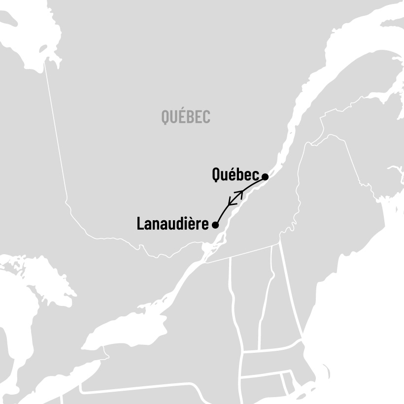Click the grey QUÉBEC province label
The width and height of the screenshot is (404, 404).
186,117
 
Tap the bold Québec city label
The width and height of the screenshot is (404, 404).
236,174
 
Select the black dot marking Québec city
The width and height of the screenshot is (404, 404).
265,176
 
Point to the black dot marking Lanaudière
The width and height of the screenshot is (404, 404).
215,225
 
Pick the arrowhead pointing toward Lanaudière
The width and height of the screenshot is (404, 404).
232,202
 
